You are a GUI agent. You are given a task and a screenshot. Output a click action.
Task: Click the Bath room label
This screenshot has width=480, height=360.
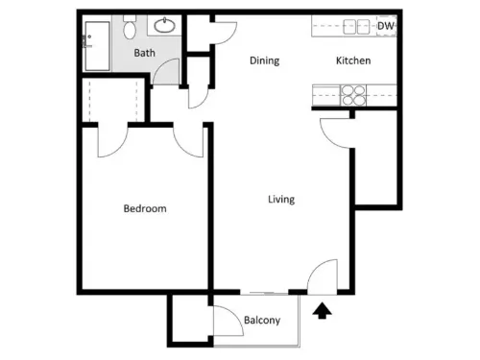point(145,53)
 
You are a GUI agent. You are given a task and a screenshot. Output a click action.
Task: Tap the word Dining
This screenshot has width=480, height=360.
point(265,60)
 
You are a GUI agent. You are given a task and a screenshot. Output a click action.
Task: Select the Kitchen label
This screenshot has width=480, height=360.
point(353,60)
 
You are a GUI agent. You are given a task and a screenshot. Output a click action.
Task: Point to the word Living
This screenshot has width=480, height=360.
point(281,200)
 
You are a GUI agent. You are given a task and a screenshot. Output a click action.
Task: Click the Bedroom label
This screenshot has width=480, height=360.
point(145,208)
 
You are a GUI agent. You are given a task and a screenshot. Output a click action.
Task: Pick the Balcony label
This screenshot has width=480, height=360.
point(262,320)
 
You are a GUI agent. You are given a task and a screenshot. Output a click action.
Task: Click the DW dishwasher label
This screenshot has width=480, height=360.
point(385,26)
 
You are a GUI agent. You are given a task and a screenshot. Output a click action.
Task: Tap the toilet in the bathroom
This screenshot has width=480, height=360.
point(130,27)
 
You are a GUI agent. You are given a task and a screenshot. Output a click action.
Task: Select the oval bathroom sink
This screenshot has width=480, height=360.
point(164,25)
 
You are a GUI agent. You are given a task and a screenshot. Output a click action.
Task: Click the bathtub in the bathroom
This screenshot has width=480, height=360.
point(97,46)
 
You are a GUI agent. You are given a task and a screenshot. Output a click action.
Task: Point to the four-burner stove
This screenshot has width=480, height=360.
point(353,95)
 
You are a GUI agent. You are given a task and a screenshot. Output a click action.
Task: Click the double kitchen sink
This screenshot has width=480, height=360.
point(356,27)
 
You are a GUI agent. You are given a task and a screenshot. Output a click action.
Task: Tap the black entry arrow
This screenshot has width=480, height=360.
point(323,311)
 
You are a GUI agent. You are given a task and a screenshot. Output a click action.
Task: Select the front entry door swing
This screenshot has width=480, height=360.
point(323,277)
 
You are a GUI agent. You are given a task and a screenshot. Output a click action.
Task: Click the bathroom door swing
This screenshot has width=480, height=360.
point(166,72)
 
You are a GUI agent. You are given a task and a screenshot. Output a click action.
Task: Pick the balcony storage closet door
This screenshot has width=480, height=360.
point(228,321)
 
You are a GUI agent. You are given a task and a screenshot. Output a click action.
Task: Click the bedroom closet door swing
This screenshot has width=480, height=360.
point(112,141)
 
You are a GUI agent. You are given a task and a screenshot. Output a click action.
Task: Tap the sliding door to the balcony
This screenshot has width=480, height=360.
point(264,293)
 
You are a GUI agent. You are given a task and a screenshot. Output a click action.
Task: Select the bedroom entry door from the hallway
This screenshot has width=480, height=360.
point(188,141)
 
